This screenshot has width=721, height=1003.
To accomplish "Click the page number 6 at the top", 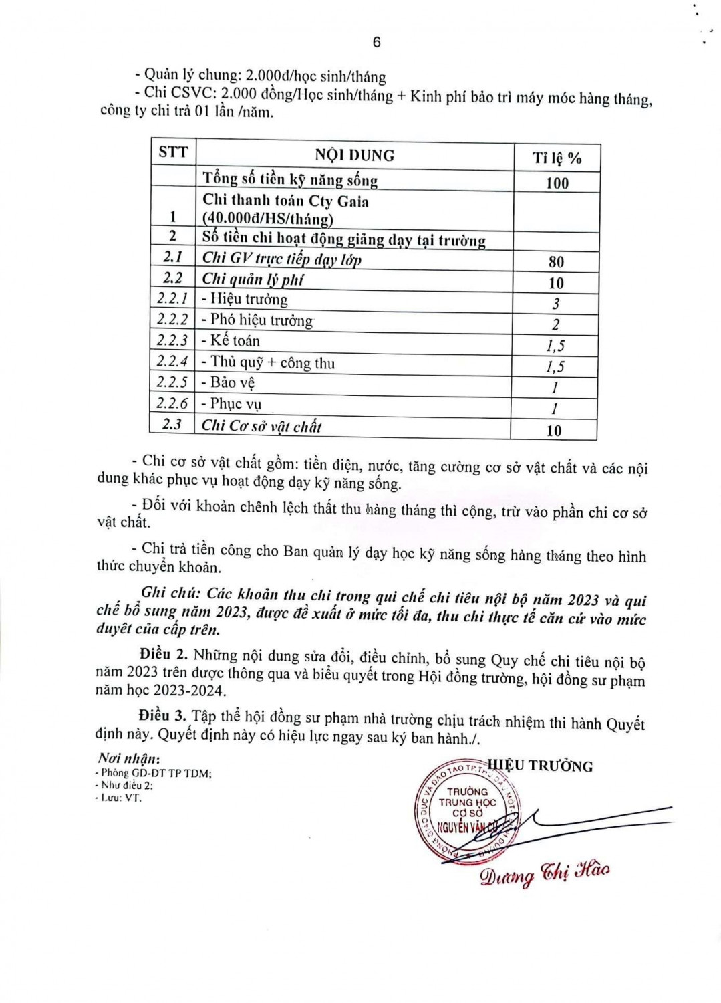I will click(376, 42).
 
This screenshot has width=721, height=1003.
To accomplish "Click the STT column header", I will click(173, 152).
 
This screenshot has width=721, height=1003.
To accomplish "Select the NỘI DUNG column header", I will click(354, 156).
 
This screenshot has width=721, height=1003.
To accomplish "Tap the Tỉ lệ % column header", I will click(557, 158).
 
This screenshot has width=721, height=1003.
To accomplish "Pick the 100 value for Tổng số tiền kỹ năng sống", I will click(557, 183).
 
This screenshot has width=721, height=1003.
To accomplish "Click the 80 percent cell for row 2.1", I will click(555, 262).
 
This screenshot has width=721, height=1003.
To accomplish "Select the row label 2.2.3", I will click(172, 340).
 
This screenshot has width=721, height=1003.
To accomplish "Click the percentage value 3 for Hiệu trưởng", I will click(555, 304).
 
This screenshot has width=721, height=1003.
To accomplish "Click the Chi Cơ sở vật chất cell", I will click(261, 426).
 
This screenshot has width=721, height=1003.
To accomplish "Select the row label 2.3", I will click(172, 425).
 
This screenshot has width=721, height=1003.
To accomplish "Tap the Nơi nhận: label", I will click(128, 758).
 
